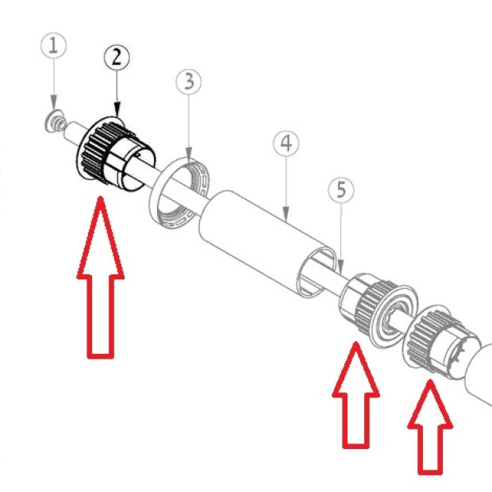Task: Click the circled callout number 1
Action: coord(54,45)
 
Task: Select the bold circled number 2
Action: coord(117,58)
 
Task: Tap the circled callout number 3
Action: coord(189,82)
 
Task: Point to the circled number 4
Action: coord(286,144)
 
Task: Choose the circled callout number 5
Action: coord(341,190)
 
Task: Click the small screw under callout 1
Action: coord(56,121)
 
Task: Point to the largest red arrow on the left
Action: coord(101,277)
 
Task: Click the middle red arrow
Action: coord(356,395)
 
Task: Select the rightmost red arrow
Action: coord(430,427)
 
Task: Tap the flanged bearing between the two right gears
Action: coord(394,317)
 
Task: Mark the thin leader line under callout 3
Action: coord(189,129)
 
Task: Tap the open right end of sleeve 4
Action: coord(317,272)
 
